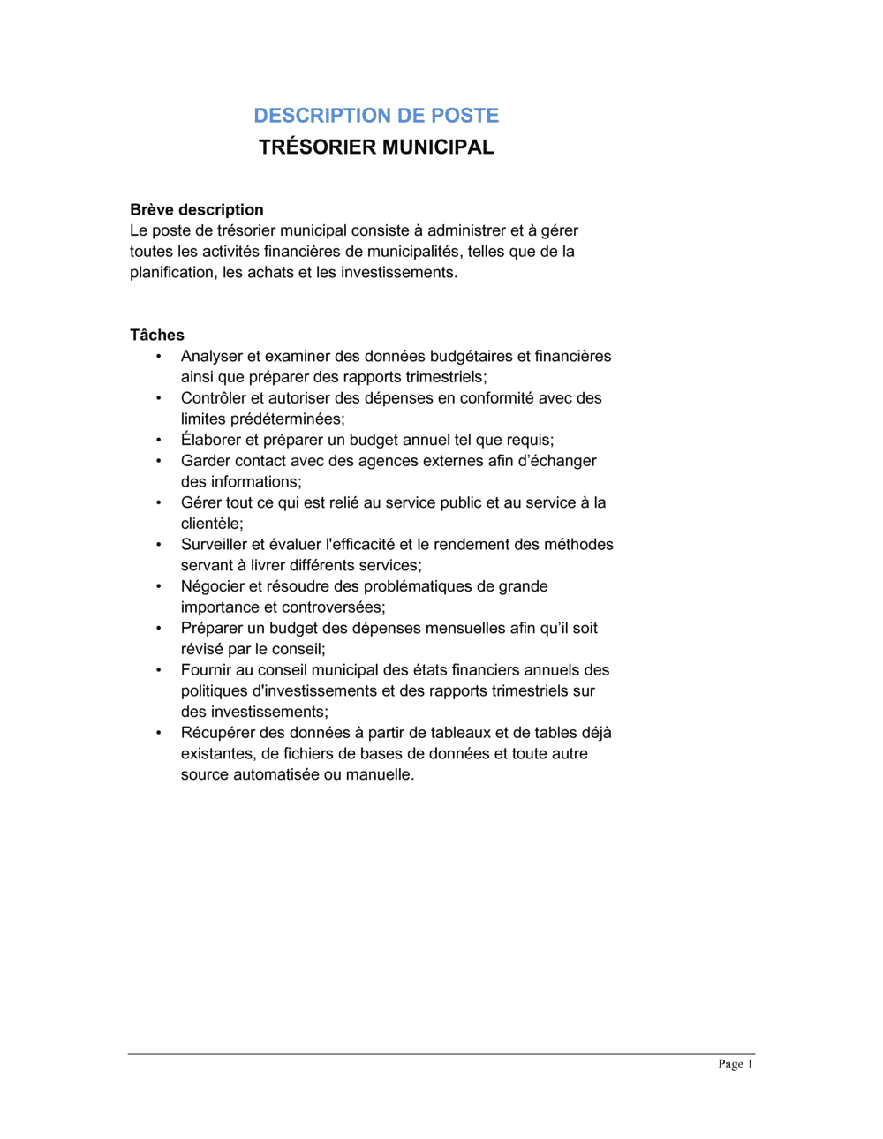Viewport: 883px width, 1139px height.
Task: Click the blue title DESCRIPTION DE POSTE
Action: pyautogui.click(x=376, y=116)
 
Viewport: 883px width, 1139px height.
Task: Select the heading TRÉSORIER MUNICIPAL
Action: pyautogui.click(x=376, y=147)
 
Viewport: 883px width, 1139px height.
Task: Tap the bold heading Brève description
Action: pyautogui.click(x=197, y=210)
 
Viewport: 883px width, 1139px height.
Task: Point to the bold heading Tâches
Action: pyautogui.click(x=157, y=336)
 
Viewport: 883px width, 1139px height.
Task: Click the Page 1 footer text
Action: pyautogui.click(x=736, y=1065)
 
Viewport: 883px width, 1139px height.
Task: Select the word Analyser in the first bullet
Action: pyautogui.click(x=212, y=357)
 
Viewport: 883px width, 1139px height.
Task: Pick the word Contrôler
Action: pyautogui.click(x=215, y=398)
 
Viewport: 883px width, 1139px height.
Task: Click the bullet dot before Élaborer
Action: pyautogui.click(x=159, y=440)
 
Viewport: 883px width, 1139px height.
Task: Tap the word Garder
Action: pyautogui.click(x=206, y=461)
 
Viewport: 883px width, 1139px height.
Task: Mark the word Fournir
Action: pyautogui.click(x=207, y=670)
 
